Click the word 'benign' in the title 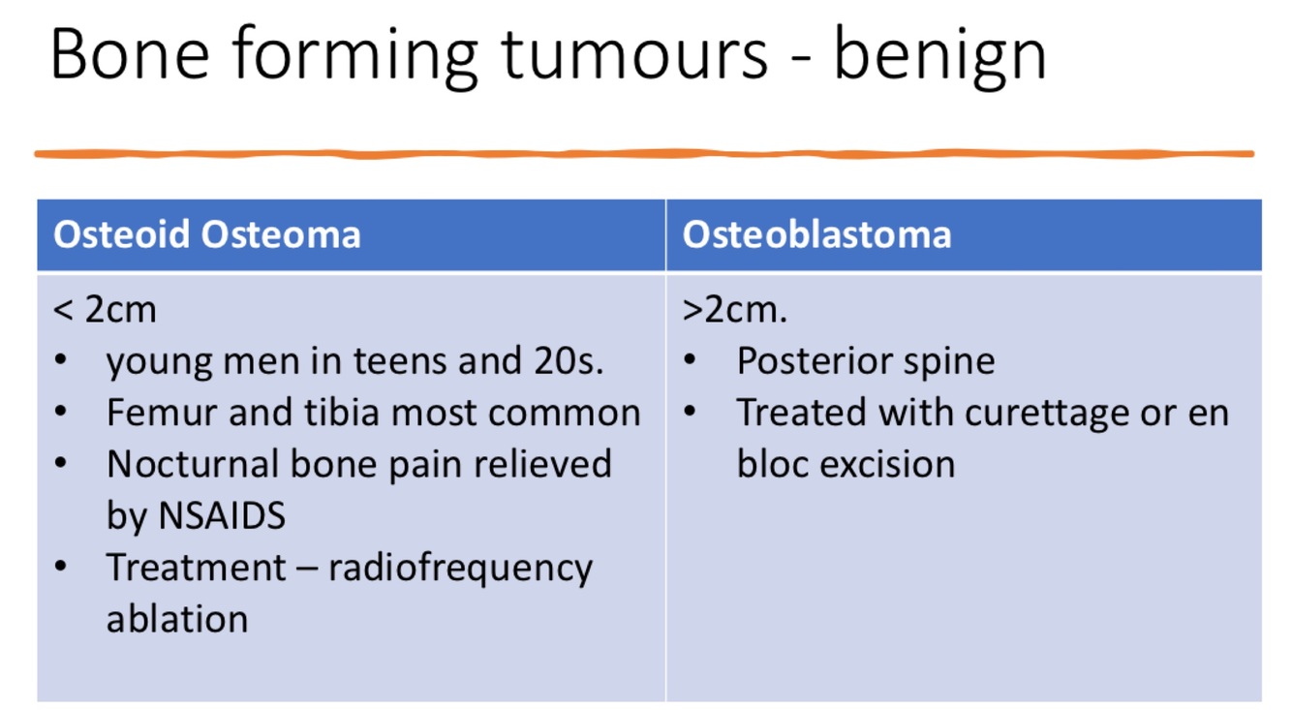pos(940,56)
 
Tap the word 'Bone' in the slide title pos(130,53)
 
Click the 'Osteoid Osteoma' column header pos(207,234)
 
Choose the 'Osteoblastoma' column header pos(816,234)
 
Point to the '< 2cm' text pos(105,310)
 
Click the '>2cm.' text pos(734,310)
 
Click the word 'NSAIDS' pos(222,515)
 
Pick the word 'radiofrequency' pos(460,570)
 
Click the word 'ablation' pos(177,618)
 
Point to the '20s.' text pos(569,361)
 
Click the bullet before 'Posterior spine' pos(690,360)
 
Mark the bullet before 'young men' pos(60,360)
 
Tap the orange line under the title pos(644,153)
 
